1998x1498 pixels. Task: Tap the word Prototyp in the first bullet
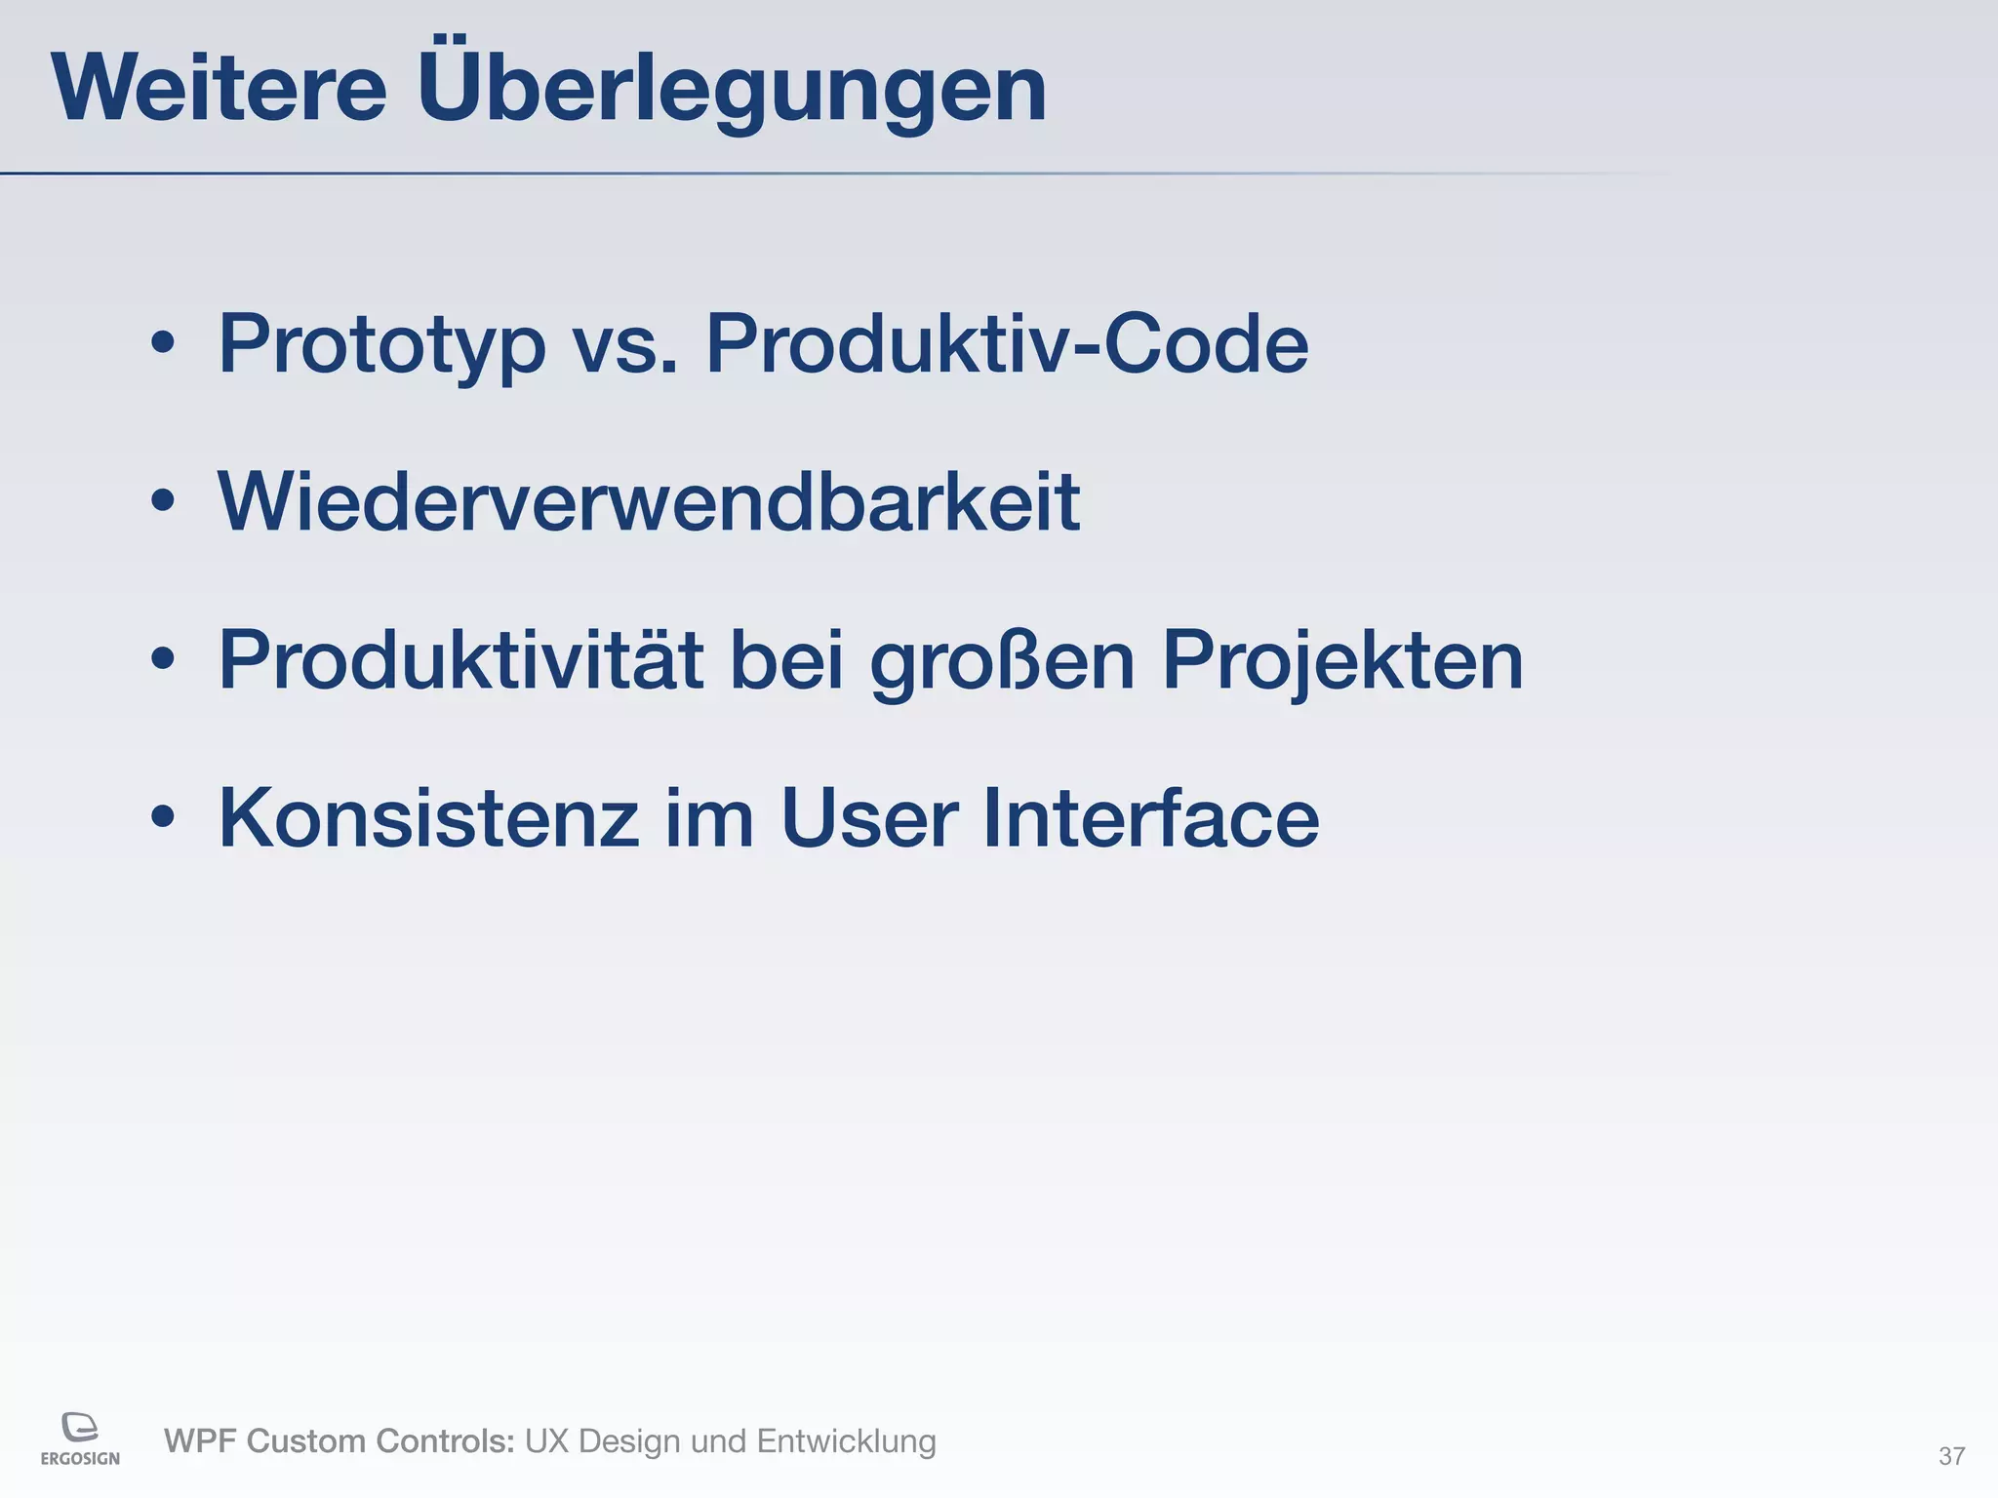click(381, 344)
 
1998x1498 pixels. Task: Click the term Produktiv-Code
click(1006, 343)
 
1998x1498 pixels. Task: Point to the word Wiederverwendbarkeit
click(649, 502)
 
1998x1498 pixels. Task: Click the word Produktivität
click(460, 660)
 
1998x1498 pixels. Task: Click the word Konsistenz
click(428, 818)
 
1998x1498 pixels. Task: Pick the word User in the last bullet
click(869, 818)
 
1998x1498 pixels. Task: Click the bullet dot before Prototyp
click(163, 343)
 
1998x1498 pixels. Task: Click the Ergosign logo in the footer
click(80, 1438)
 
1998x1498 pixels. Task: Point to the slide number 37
click(1951, 1456)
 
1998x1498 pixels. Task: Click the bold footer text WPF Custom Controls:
click(339, 1441)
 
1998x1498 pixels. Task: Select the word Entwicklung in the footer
click(846, 1441)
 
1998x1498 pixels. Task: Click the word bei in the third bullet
click(785, 660)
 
